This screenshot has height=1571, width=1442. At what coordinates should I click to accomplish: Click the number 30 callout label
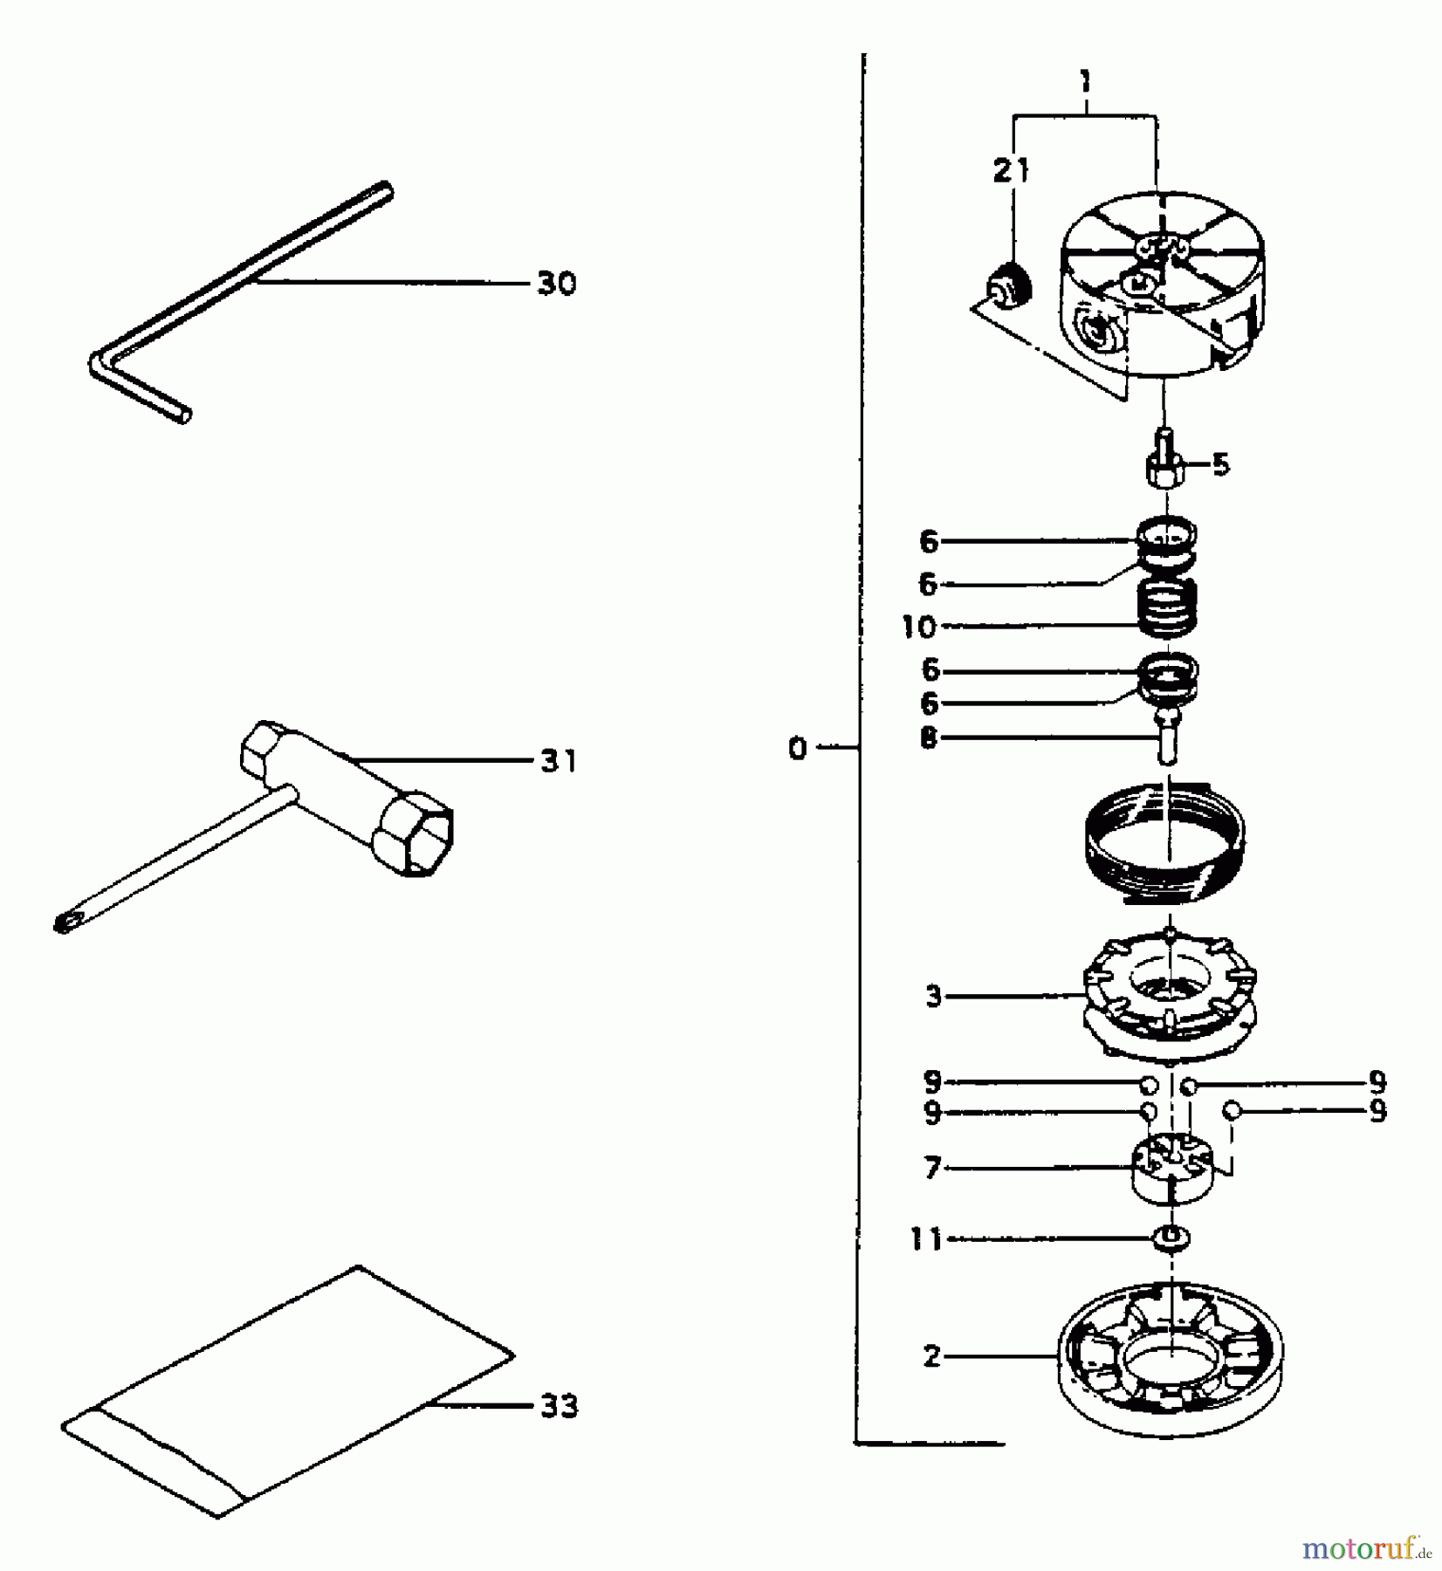[x=556, y=284]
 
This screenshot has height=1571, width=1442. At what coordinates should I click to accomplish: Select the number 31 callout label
[x=558, y=761]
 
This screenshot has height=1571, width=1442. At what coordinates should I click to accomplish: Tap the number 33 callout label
[x=559, y=1406]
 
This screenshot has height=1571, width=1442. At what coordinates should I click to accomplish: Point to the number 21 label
[x=1011, y=171]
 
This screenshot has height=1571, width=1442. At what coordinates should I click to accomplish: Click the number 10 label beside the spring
[x=918, y=627]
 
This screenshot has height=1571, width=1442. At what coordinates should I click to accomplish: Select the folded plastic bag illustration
[x=288, y=1396]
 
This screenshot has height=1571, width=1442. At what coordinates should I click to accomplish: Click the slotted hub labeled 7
[x=1170, y=1170]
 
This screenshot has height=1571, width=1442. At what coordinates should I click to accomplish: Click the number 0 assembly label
[x=797, y=749]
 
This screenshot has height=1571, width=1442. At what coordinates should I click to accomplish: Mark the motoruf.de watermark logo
[x=1366, y=1548]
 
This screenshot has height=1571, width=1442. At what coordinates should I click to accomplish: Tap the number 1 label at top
[x=1084, y=84]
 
